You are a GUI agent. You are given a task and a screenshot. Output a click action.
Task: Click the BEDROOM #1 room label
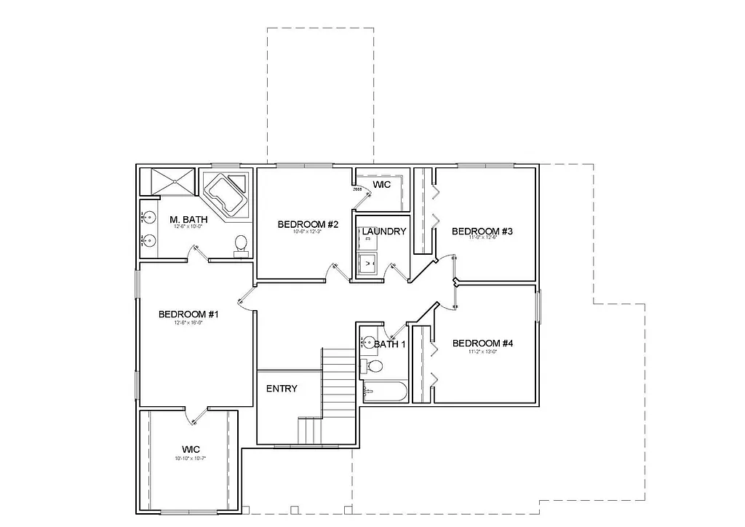point(188,314)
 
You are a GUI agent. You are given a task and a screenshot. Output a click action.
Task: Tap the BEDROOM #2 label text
point(308,224)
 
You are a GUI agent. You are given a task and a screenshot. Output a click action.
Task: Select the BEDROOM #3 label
point(482,231)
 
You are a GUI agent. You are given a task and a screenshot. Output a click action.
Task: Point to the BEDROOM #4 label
point(482,343)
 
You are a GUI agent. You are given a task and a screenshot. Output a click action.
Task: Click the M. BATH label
point(188,219)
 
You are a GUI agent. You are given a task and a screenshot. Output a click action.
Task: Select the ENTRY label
point(282,389)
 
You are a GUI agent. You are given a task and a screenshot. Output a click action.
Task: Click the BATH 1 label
point(390,344)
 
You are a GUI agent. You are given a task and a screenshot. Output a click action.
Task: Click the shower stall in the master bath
point(168,181)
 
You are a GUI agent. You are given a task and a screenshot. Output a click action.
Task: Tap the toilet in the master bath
point(241,245)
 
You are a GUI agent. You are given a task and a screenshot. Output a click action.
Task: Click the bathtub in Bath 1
point(384,392)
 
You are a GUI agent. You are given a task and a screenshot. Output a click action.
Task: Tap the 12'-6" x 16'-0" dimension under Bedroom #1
point(188,322)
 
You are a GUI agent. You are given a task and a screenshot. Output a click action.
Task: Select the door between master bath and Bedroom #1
point(198,253)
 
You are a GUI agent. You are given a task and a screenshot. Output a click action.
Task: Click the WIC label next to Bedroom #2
point(381,185)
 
